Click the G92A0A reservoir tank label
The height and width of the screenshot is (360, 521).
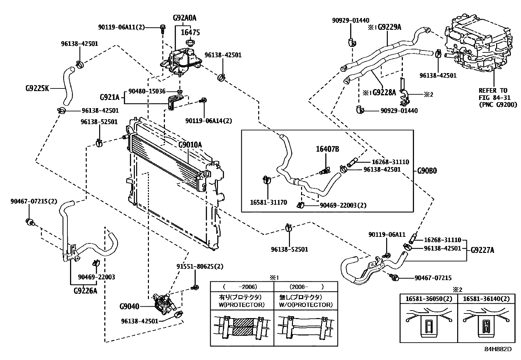[x=184, y=18]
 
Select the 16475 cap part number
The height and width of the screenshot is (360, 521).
[x=190, y=32]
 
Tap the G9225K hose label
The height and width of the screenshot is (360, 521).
[x=37, y=88]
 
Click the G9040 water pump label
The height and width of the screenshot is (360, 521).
[x=129, y=307]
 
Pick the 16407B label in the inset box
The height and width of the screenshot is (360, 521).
[x=327, y=149]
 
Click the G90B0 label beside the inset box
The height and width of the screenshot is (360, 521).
[x=427, y=171]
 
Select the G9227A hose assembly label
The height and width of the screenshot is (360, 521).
[x=482, y=251]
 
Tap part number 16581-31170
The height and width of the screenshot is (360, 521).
[x=268, y=202]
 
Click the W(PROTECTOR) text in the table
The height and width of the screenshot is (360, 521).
[x=241, y=305]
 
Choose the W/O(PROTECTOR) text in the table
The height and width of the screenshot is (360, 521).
[x=306, y=305]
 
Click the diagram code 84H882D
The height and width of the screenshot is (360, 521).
[x=498, y=349]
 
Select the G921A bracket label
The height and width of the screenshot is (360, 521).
[x=109, y=97]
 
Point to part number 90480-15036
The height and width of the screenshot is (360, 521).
[x=147, y=91]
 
